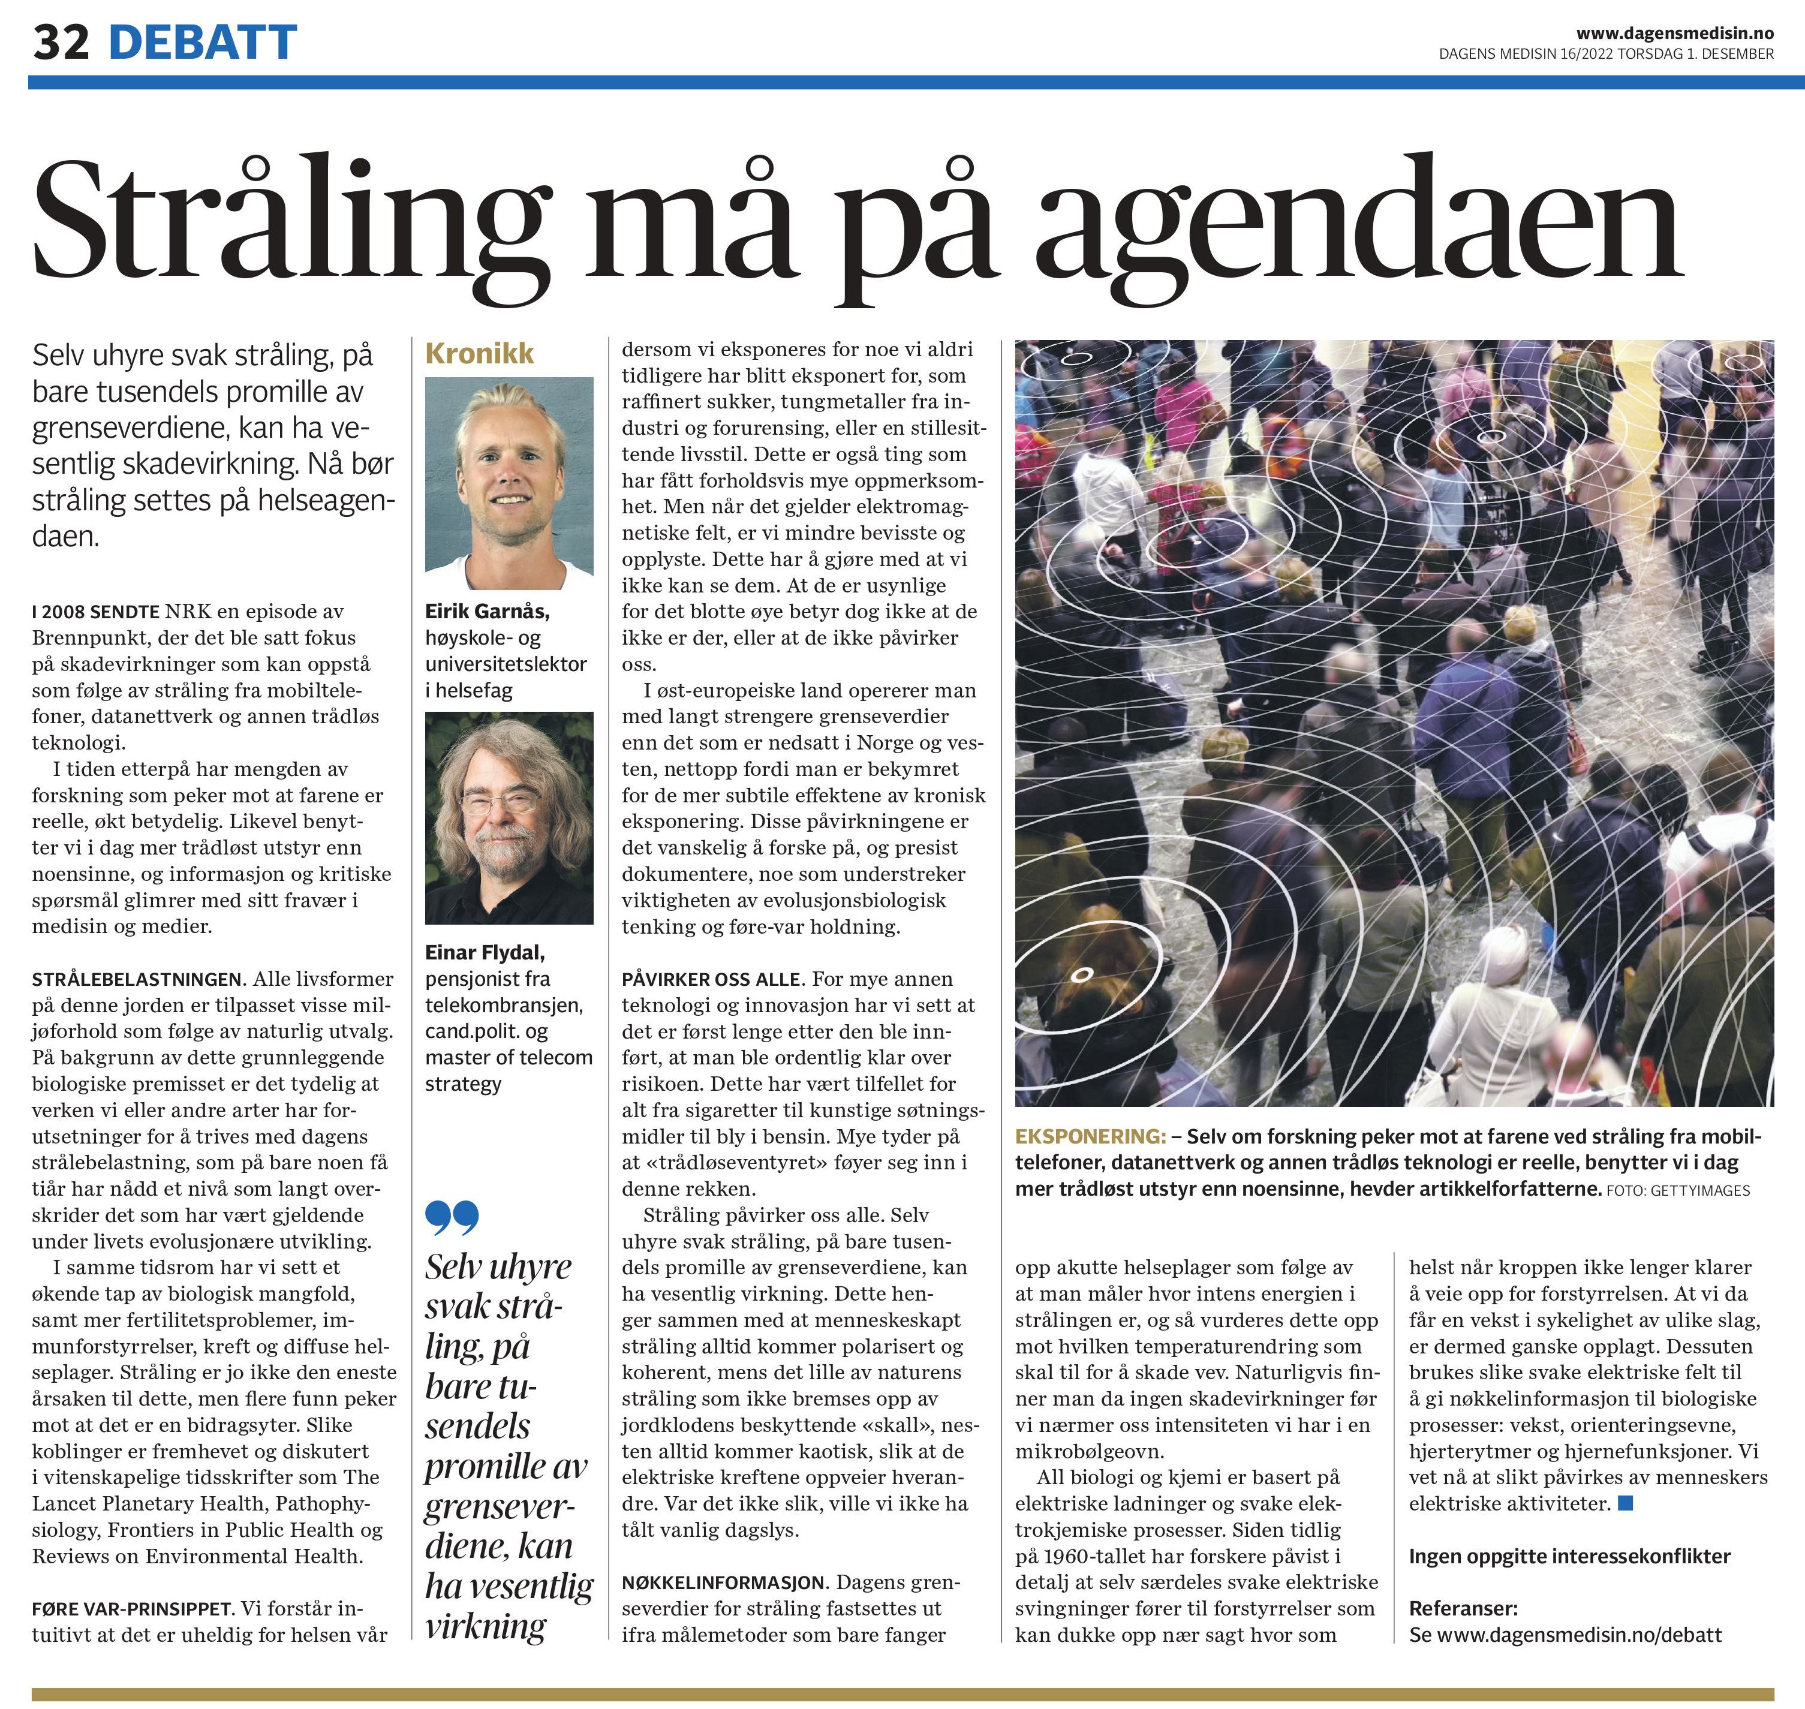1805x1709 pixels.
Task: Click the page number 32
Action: click(x=61, y=42)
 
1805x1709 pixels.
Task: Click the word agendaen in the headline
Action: click(x=1358, y=223)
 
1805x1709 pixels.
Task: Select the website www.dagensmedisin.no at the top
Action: click(x=1675, y=34)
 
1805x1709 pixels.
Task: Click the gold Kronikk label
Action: click(x=479, y=353)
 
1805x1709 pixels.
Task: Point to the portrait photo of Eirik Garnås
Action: click(x=509, y=483)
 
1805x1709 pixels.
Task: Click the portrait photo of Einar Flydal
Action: click(x=509, y=817)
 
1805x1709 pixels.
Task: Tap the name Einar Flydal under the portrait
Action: click(x=485, y=952)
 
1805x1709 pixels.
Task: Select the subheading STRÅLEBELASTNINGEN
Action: click(x=137, y=979)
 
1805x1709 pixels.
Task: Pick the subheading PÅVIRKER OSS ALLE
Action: click(x=711, y=979)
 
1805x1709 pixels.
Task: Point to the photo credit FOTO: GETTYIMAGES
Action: click(x=1677, y=1190)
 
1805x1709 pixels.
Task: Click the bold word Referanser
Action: click(x=1463, y=1608)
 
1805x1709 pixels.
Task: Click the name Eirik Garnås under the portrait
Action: click(x=486, y=611)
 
